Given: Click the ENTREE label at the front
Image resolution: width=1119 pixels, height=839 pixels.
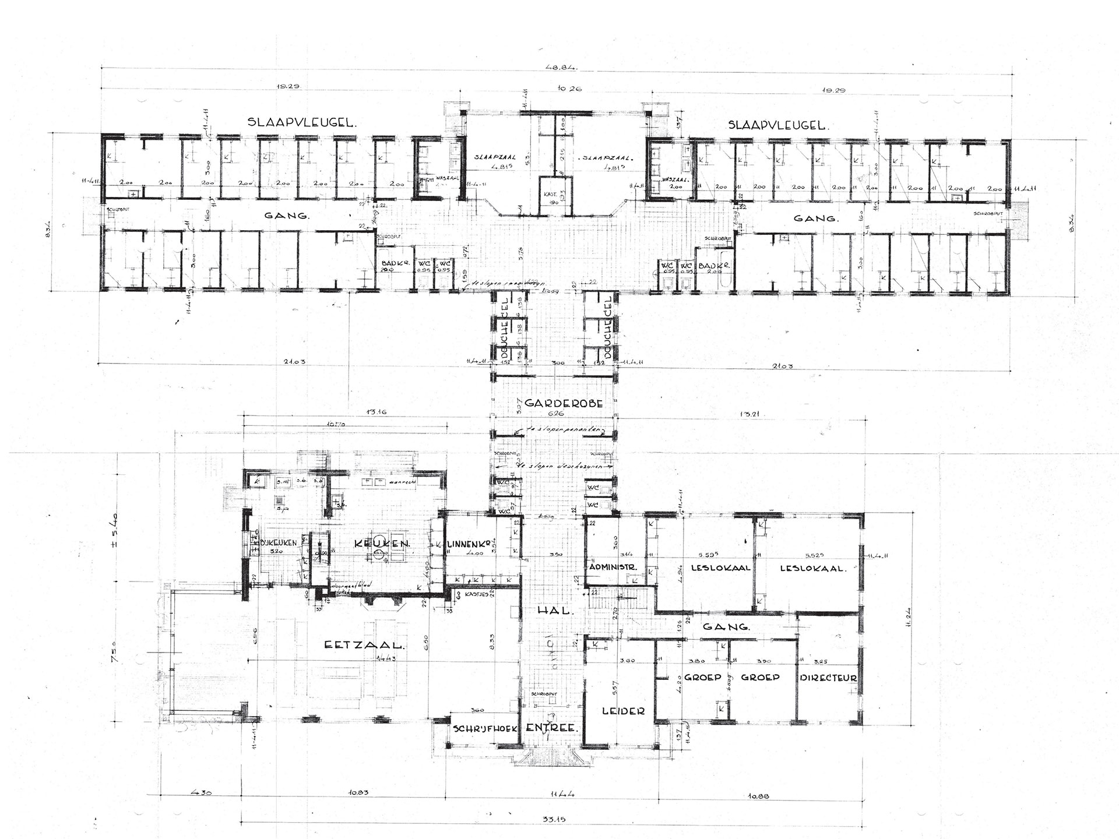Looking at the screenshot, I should tap(551, 729).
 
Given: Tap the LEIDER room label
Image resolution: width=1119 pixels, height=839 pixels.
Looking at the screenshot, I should tap(624, 711).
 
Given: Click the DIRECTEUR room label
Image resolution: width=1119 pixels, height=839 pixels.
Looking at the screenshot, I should tap(828, 678).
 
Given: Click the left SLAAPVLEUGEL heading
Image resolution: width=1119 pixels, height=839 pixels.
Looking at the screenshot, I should tap(301, 123).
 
